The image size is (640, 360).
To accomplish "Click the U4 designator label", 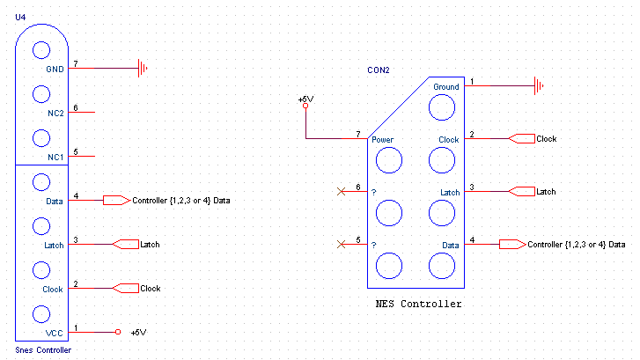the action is pyautogui.click(x=20, y=17).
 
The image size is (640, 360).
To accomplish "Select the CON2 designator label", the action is pyautogui.click(x=379, y=70).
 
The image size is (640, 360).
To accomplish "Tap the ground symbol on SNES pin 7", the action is pyautogui.click(x=143, y=68).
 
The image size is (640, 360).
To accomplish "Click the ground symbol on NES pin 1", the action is pyautogui.click(x=539, y=86).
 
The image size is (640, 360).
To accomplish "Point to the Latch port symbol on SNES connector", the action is pyautogui.click(x=125, y=245).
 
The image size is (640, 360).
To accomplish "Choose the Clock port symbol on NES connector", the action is pyautogui.click(x=522, y=139).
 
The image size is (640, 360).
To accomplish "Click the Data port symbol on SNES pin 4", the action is pyautogui.click(x=117, y=201).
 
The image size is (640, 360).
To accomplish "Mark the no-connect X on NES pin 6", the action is pyautogui.click(x=342, y=191).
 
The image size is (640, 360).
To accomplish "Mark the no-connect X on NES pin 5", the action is pyautogui.click(x=342, y=244).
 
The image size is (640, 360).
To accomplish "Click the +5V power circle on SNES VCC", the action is pyautogui.click(x=118, y=332).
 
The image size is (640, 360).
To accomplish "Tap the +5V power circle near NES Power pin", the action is pyautogui.click(x=305, y=107).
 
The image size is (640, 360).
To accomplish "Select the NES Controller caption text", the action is pyautogui.click(x=418, y=304).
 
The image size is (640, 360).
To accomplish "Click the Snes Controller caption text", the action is pyautogui.click(x=43, y=350).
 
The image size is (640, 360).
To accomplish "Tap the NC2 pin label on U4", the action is pyautogui.click(x=56, y=114).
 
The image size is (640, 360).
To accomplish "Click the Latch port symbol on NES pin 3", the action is pyautogui.click(x=522, y=191).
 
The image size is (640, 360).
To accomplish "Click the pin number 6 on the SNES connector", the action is pyautogui.click(x=76, y=107).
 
